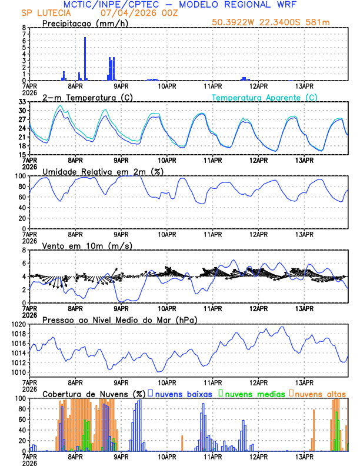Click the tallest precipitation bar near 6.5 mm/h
pos(85,59)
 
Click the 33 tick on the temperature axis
pos(22,102)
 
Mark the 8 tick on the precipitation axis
pos(24,28)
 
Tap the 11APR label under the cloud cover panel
pos(212,456)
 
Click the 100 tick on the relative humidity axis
pos(20,176)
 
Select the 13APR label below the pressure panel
pos(304,382)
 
